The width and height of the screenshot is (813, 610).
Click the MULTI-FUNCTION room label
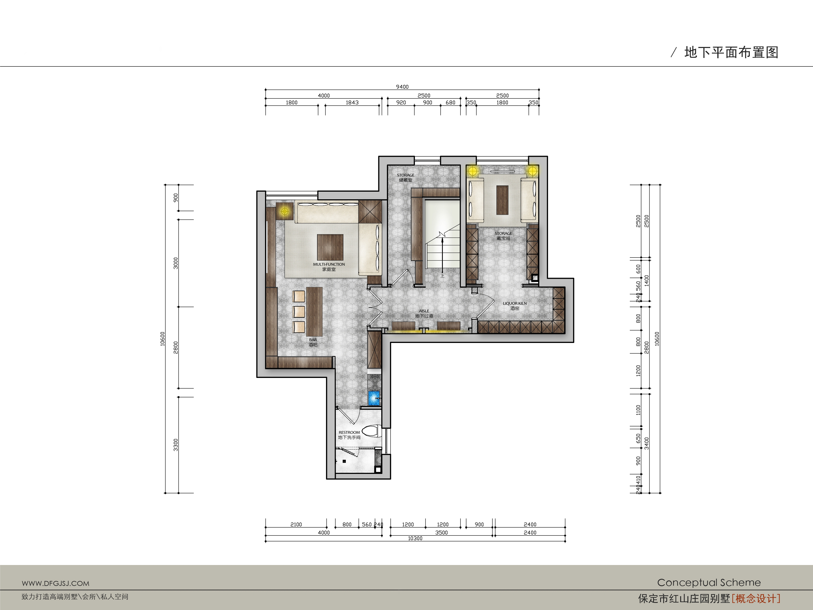[329, 264]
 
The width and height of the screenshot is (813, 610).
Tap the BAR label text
[313, 340]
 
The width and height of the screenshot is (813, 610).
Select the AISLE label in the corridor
[424, 311]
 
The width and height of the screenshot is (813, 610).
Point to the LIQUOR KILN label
[515, 303]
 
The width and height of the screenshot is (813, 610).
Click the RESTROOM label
[349, 432]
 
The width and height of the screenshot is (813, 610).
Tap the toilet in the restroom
[370, 431]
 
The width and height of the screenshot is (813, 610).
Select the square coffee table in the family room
[330, 247]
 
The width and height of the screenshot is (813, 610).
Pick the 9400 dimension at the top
[402, 87]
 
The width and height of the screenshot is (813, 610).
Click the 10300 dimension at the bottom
[415, 538]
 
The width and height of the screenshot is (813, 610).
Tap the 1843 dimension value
[352, 102]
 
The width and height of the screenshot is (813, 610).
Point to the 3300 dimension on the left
[176, 445]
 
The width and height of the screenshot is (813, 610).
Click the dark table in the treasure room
[502, 200]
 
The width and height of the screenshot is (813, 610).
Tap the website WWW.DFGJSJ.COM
[56, 583]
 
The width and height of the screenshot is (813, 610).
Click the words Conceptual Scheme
[709, 582]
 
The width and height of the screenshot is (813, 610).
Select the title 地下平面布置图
[731, 53]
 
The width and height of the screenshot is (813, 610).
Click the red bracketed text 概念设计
[756, 599]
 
